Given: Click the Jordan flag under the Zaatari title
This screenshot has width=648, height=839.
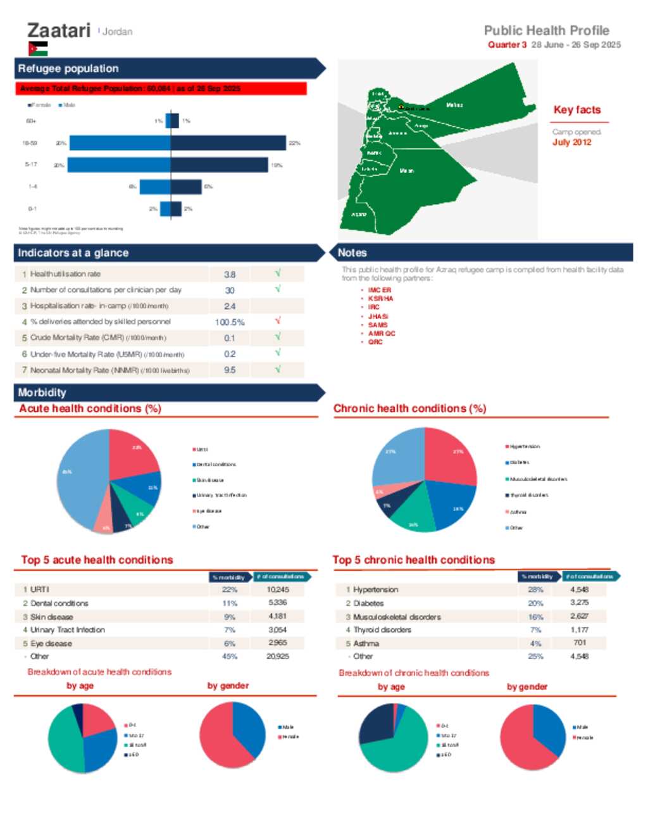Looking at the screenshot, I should (38, 49).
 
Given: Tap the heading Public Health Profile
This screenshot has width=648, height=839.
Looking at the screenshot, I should (546, 30).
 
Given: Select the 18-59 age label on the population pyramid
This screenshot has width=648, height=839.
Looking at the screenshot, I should (30, 143).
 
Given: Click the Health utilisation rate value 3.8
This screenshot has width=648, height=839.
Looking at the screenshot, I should (230, 274).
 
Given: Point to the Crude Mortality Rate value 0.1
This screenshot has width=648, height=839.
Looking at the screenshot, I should (230, 338).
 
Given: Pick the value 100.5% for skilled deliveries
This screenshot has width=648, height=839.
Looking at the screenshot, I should (230, 322).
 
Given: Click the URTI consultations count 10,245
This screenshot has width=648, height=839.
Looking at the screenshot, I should (278, 590).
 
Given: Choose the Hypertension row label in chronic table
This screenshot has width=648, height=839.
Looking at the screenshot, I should (375, 590).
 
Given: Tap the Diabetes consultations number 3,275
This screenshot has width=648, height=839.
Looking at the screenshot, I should (579, 603).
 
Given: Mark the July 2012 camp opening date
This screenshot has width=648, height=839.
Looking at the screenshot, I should (571, 142).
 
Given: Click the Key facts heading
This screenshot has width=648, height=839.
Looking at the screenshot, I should (577, 110).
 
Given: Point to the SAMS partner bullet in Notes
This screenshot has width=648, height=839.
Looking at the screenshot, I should (378, 325).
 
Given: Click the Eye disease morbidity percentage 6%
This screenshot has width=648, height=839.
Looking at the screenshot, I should (229, 643).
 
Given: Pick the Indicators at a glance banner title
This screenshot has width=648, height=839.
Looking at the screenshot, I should (73, 253).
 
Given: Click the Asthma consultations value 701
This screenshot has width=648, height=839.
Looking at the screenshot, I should (580, 643).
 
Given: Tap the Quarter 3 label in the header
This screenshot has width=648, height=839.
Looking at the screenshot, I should (507, 45).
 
